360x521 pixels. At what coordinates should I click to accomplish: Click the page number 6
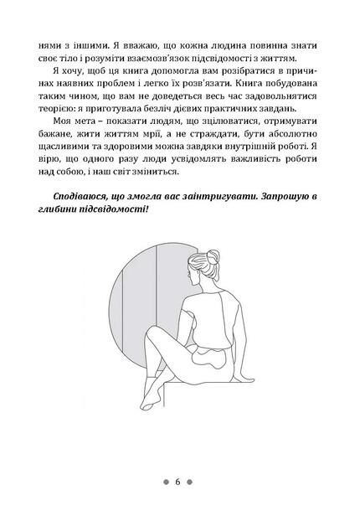tap(178, 482)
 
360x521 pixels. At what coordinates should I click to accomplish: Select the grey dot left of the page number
tap(166, 482)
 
